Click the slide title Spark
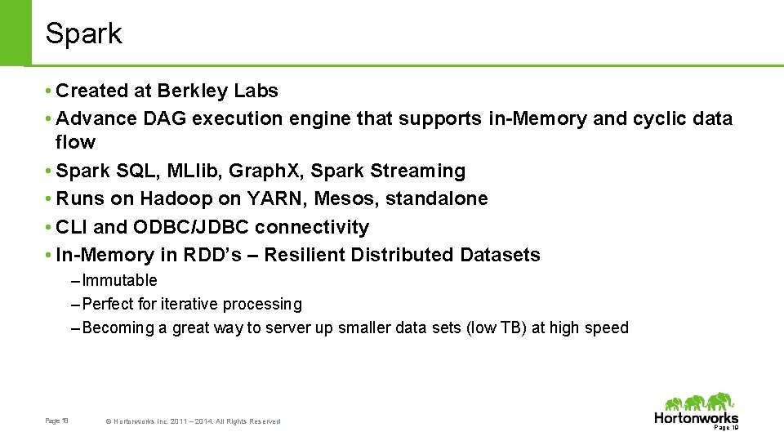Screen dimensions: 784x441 83,33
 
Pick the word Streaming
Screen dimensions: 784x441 417,171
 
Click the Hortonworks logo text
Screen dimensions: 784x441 696,418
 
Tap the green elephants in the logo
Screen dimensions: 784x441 701,403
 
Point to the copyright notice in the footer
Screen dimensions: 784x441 193,421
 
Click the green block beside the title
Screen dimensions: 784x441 15,33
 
